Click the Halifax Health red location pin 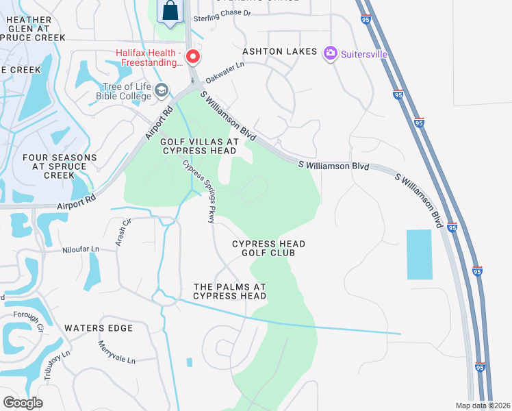tap(193, 56)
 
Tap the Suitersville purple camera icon tap(331, 53)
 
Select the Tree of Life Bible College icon tap(162, 90)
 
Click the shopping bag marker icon tap(170, 12)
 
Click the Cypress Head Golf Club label tap(268, 248)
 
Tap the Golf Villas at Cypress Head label tap(199, 146)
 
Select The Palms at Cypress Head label tap(230, 291)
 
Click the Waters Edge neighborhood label tap(98, 328)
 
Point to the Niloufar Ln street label tap(81, 250)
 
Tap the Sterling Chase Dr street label tap(222, 14)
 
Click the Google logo tap(23, 403)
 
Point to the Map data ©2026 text tap(483, 406)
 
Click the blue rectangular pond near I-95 tap(420, 254)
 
